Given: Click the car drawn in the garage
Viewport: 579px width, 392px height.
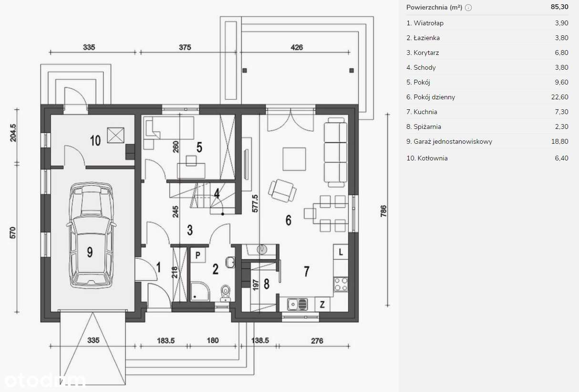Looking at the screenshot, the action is point(92,236).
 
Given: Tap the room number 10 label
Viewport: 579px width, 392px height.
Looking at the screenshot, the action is point(95,140).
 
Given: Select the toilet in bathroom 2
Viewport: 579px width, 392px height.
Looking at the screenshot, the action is point(225,292).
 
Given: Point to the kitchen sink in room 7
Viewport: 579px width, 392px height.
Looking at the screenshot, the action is point(297,303).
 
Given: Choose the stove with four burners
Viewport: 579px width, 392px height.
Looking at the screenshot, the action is point(341,284).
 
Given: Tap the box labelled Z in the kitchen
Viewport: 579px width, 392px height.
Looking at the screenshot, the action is point(322,304).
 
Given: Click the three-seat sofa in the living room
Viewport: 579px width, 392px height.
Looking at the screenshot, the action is point(335,153).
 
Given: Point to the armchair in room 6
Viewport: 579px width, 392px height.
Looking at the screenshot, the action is point(283,190).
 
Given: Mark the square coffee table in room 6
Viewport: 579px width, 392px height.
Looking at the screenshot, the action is point(294,159).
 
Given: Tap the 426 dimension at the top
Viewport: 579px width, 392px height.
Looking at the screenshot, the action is point(297,47).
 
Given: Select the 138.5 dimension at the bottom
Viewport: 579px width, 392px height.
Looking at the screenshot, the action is point(259,341).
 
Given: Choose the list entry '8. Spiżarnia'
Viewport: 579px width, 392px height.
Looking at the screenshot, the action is point(424,127).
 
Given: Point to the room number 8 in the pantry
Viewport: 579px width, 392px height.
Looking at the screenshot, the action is point(266,284).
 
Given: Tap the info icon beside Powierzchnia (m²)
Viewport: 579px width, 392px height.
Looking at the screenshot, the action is point(468,8).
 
